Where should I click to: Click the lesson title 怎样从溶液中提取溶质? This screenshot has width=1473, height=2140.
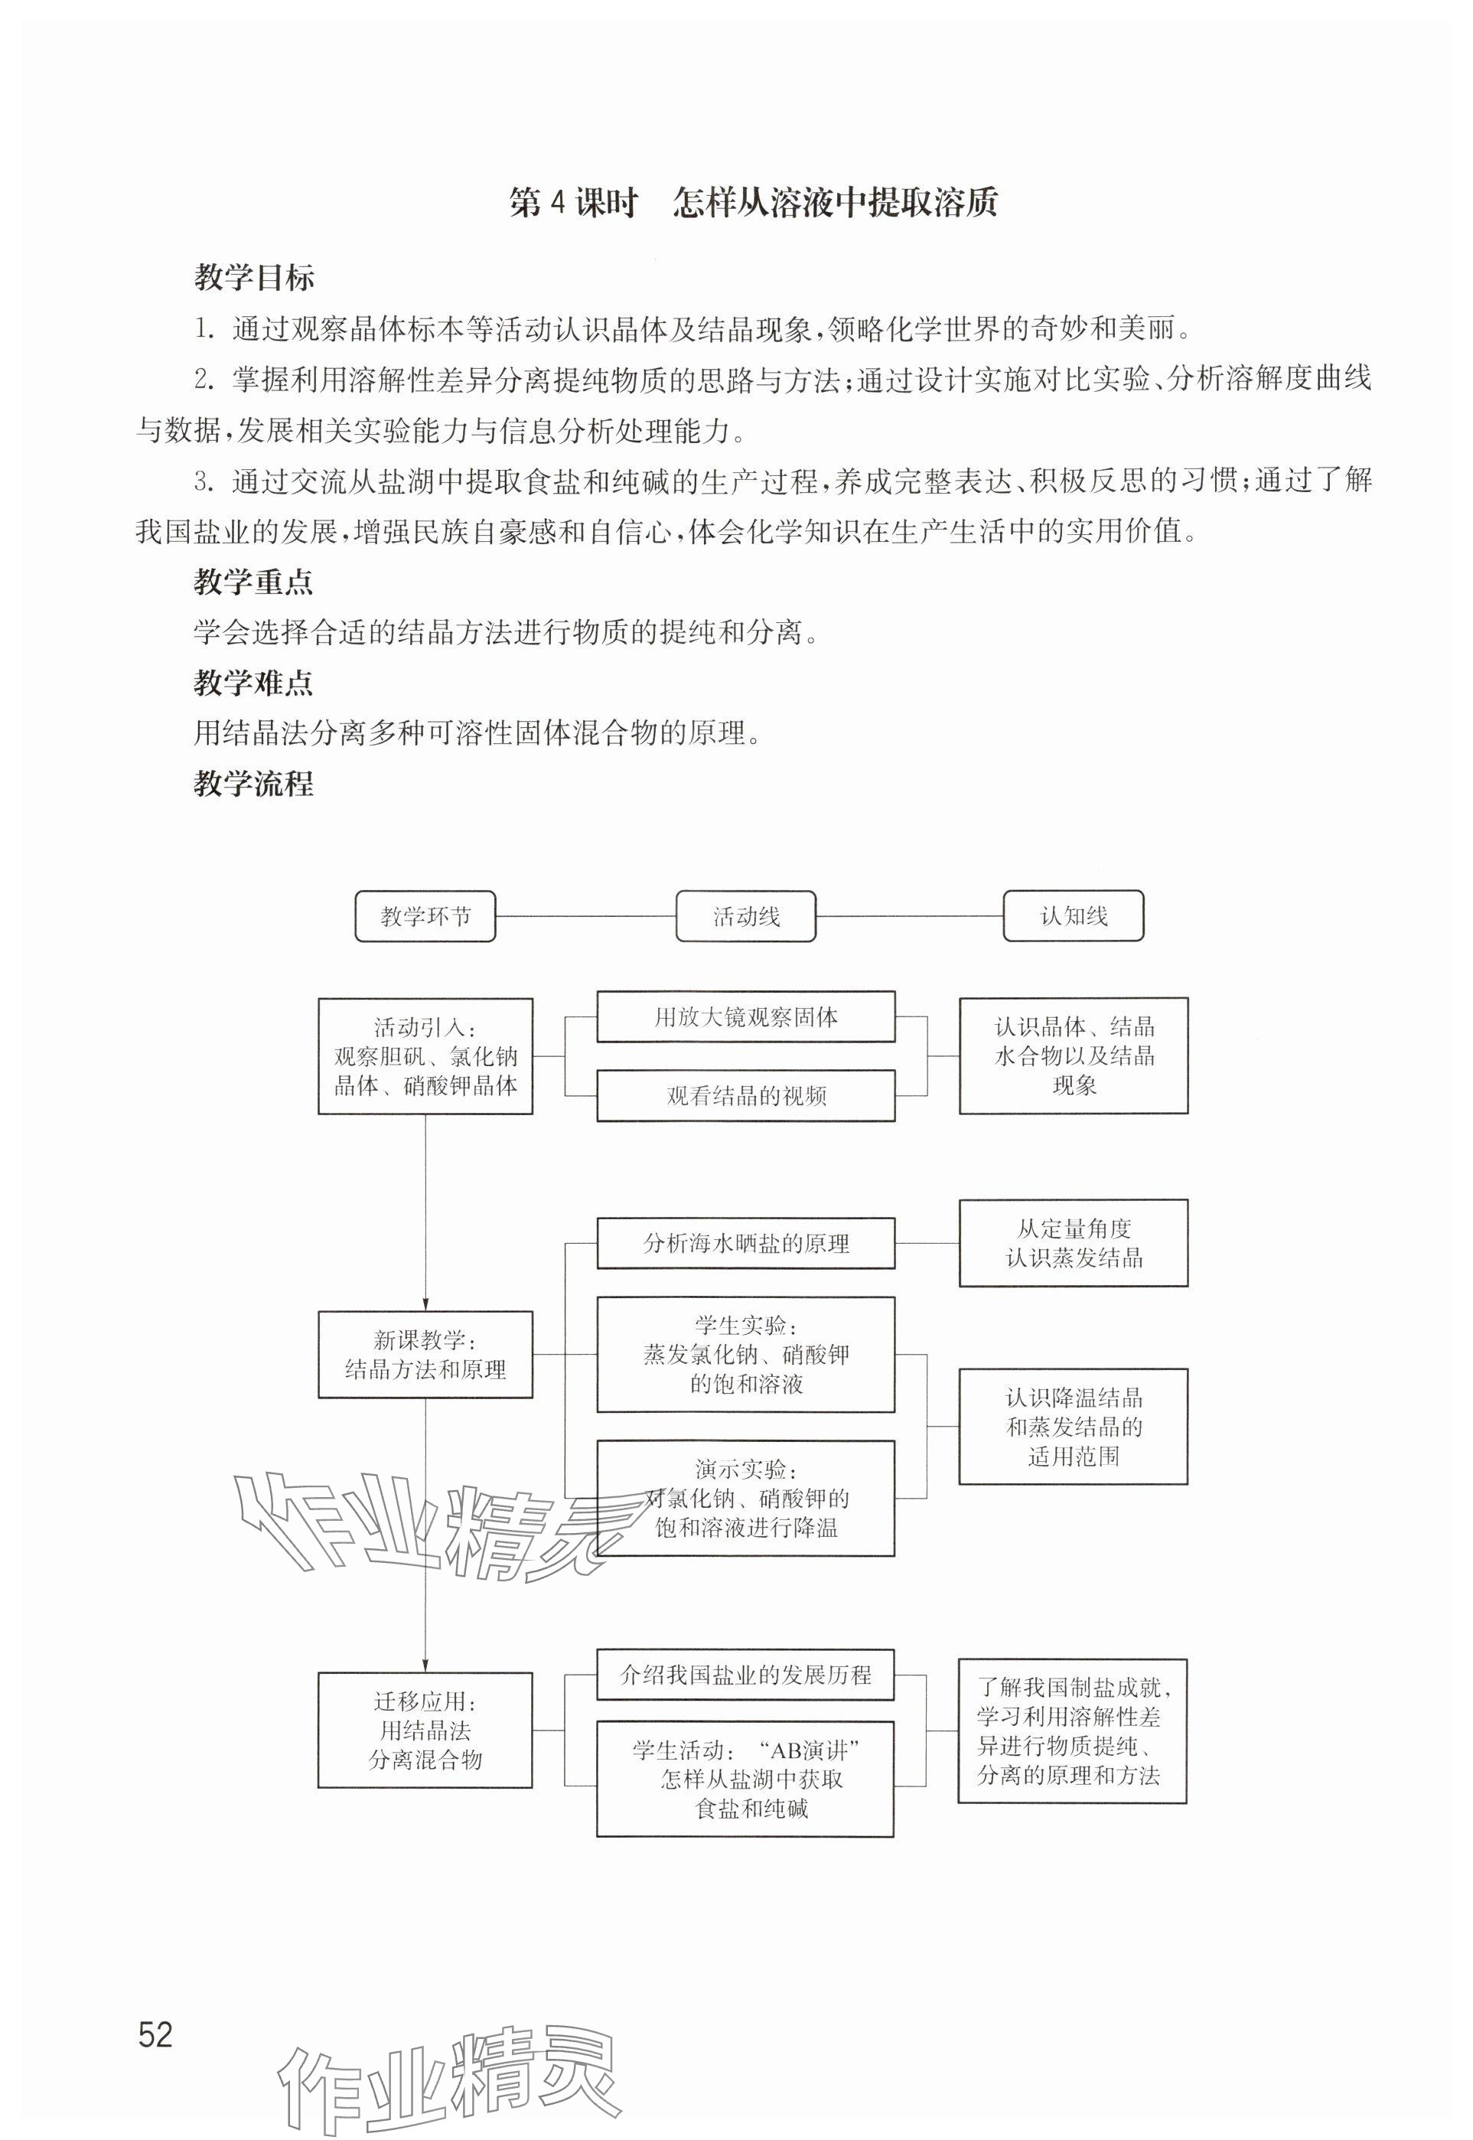(x=836, y=203)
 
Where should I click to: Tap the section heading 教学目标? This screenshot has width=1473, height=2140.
(x=254, y=277)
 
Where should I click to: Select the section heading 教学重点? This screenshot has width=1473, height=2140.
(x=254, y=582)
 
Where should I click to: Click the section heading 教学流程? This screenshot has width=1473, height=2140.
(x=254, y=784)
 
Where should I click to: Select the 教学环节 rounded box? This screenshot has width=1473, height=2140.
(x=425, y=916)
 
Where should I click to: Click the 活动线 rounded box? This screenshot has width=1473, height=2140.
(x=746, y=916)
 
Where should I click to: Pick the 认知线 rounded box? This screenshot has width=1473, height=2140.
(x=1074, y=916)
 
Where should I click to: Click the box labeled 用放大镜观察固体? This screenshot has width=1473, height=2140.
(x=746, y=1016)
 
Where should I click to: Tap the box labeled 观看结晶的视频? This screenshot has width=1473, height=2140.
(x=746, y=1096)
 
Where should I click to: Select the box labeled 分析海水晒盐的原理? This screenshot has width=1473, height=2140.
(x=746, y=1243)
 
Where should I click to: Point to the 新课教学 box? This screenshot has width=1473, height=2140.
(x=425, y=1355)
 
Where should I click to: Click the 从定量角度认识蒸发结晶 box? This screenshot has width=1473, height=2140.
(x=1074, y=1243)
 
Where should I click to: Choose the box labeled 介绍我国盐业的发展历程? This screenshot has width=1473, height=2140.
(x=746, y=1675)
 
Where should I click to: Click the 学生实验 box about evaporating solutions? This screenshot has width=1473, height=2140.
(x=746, y=1355)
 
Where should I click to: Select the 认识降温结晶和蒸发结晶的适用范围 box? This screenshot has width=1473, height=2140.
(x=1074, y=1427)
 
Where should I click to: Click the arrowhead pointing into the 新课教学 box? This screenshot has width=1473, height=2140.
(x=425, y=1303)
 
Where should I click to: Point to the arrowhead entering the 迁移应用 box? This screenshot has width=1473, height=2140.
(x=425, y=1665)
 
